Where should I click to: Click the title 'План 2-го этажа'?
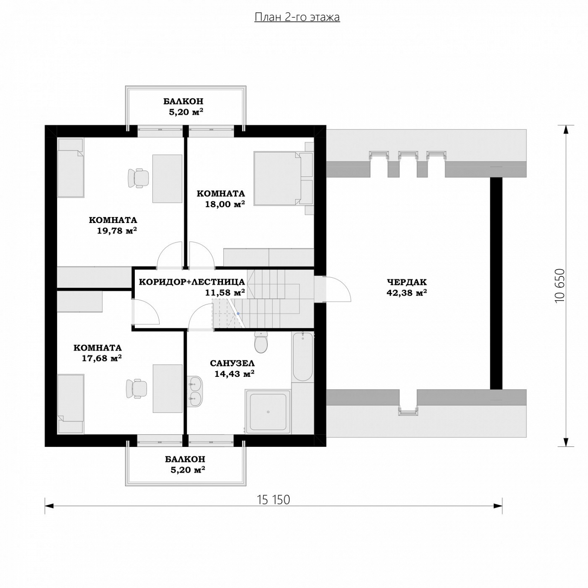point(297,17)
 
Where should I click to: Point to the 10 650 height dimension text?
point(560,285)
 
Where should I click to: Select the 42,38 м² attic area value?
point(407,293)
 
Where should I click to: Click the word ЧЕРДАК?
point(407,282)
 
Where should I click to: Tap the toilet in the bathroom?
point(261,342)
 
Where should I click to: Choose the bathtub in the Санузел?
point(303,357)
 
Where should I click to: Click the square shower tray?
point(268,411)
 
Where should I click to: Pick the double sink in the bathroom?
point(194,392)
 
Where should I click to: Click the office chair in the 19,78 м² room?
point(138,178)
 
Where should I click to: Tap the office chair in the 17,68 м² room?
point(137,389)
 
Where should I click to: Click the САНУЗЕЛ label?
point(232,363)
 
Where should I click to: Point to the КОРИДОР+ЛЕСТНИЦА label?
point(192,282)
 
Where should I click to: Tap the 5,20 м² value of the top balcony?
point(186,112)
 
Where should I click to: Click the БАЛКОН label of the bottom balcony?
point(185,459)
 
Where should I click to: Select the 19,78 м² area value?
point(117,230)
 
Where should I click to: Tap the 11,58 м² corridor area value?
point(225,293)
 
